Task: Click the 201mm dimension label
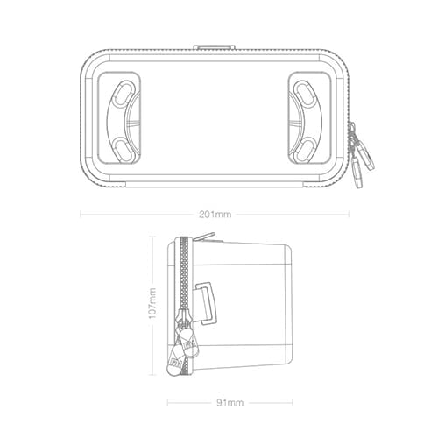pos(215,215)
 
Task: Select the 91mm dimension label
pos(230,403)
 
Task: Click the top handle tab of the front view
pos(215,47)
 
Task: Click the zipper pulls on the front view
pos(361,155)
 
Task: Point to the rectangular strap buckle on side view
pos(208,303)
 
